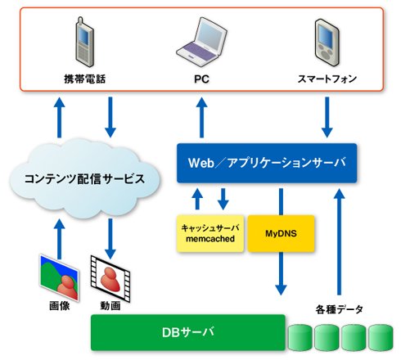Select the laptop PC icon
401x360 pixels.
click(202, 40)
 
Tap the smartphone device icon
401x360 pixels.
click(327, 43)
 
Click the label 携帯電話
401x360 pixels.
click(85, 79)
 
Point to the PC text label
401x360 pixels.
click(201, 79)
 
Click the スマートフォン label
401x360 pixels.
click(327, 79)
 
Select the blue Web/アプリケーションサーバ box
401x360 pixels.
click(267, 163)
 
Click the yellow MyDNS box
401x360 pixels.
click(281, 233)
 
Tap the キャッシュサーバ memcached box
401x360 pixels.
click(210, 233)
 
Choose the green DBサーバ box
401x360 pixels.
click(188, 332)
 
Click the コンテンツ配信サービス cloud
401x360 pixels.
click(84, 178)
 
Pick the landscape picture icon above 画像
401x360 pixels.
click(59, 277)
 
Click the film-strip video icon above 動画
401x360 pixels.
click(110, 278)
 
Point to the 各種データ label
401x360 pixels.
click(340, 309)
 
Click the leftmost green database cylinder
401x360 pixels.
click(300, 337)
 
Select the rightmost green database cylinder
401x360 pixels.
click(381, 337)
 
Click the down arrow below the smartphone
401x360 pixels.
click(327, 117)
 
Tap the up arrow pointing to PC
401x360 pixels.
click(201, 117)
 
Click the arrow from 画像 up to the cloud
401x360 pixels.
click(59, 239)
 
